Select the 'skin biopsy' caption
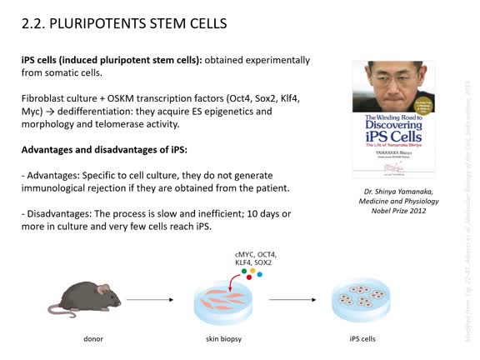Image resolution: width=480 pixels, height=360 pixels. click(224, 341)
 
